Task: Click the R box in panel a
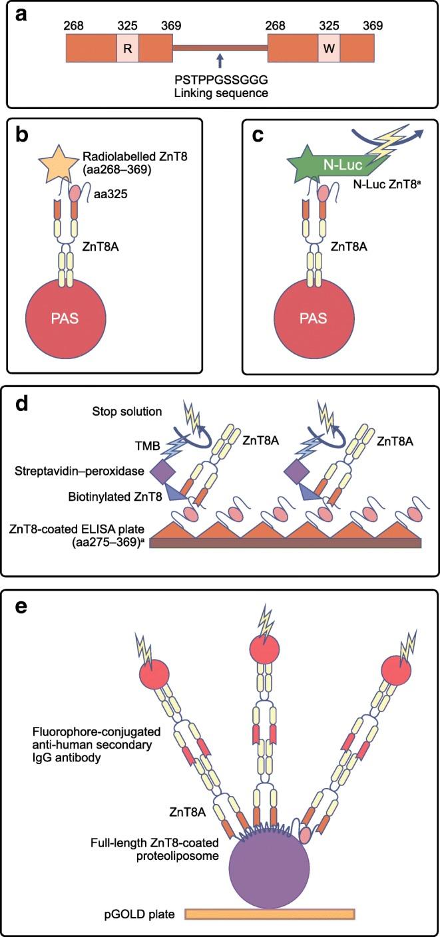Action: click(128, 49)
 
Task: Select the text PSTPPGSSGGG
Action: click(220, 80)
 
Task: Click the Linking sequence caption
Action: click(220, 93)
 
